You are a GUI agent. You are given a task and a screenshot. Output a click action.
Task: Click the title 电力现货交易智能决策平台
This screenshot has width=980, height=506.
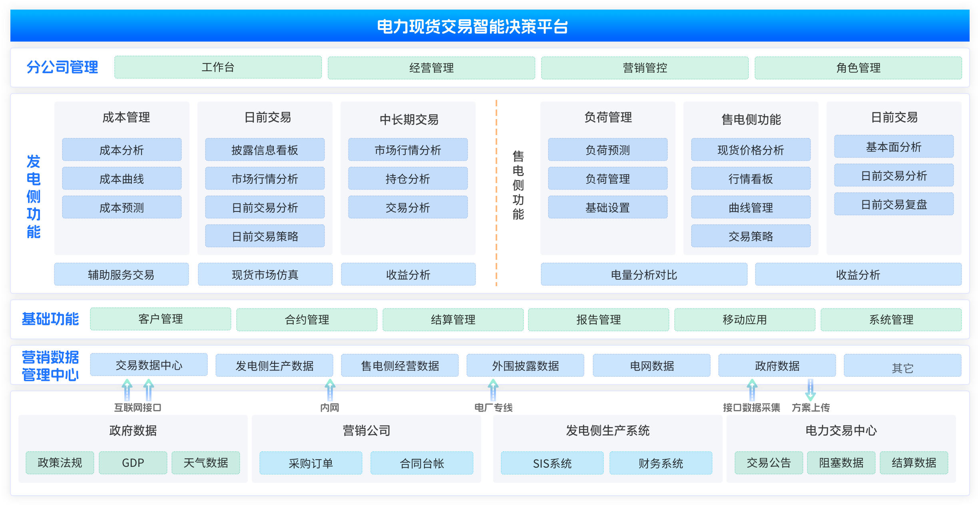pos(472,26)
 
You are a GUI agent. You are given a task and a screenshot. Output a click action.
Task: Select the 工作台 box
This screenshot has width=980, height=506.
pos(218,67)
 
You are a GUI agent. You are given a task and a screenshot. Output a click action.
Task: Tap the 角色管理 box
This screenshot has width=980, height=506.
pos(858,68)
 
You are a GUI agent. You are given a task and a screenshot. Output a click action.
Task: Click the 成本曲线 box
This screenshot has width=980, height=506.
pos(122,178)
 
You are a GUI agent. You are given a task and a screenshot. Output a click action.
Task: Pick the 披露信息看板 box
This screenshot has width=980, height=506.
pos(265,149)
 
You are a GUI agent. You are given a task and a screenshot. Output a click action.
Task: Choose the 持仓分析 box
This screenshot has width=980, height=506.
pos(408,178)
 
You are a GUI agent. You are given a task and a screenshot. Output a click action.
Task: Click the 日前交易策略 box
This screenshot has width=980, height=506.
pos(265,236)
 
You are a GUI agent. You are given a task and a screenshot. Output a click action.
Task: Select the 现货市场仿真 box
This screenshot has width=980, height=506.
pos(265,274)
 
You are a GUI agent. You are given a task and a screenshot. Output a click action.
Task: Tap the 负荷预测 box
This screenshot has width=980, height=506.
pos(608,149)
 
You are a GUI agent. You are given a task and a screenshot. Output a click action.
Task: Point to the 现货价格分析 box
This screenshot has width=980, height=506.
pos(751,149)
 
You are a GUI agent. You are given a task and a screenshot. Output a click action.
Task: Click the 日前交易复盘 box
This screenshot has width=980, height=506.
pos(894,204)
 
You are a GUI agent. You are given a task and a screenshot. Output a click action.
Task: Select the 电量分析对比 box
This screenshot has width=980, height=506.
pos(644,274)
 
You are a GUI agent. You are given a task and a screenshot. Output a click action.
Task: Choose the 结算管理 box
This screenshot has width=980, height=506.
pos(453,320)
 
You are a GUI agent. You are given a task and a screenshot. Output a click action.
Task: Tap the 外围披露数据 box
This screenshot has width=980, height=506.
pos(526,365)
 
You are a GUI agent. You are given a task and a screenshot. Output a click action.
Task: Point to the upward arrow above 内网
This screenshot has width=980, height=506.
pos(330,390)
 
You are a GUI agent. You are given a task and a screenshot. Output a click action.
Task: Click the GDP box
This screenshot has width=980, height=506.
pos(133,463)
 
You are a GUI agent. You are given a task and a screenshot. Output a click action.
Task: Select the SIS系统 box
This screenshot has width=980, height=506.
pos(552,463)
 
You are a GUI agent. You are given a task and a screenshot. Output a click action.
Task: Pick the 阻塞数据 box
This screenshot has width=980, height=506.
pos(841,463)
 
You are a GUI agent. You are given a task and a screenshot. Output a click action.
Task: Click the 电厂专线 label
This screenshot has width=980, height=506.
pos(494,408)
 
